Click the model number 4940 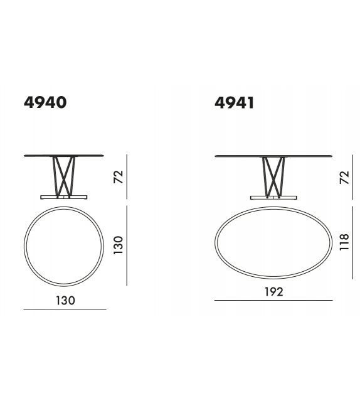click(x=45, y=102)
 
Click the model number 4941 click(x=234, y=102)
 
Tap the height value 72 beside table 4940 click(x=118, y=176)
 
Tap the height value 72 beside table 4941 click(x=343, y=176)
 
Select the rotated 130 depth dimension click(x=118, y=244)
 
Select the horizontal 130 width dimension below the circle click(x=65, y=300)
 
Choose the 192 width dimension click(x=273, y=292)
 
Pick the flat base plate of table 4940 click(x=65, y=196)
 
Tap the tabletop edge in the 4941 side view click(x=273, y=156)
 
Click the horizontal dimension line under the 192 click(x=273, y=301)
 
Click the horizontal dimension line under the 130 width click(x=65, y=309)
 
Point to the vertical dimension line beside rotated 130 click(x=127, y=244)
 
